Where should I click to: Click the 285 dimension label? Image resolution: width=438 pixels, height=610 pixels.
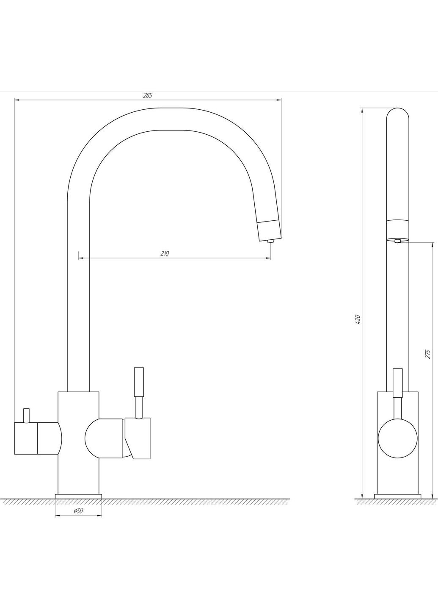pyautogui.click(x=147, y=95)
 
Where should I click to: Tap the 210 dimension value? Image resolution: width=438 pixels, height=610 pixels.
pyautogui.click(x=165, y=253)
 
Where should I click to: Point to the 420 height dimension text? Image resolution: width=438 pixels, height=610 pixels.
pyautogui.click(x=358, y=319)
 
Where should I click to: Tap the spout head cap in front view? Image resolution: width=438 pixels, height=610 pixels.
pyautogui.click(x=269, y=230)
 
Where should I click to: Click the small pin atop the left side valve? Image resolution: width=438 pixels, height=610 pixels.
pyautogui.click(x=26, y=416)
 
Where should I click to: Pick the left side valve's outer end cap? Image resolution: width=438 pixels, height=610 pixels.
pyautogui.click(x=26, y=438)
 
